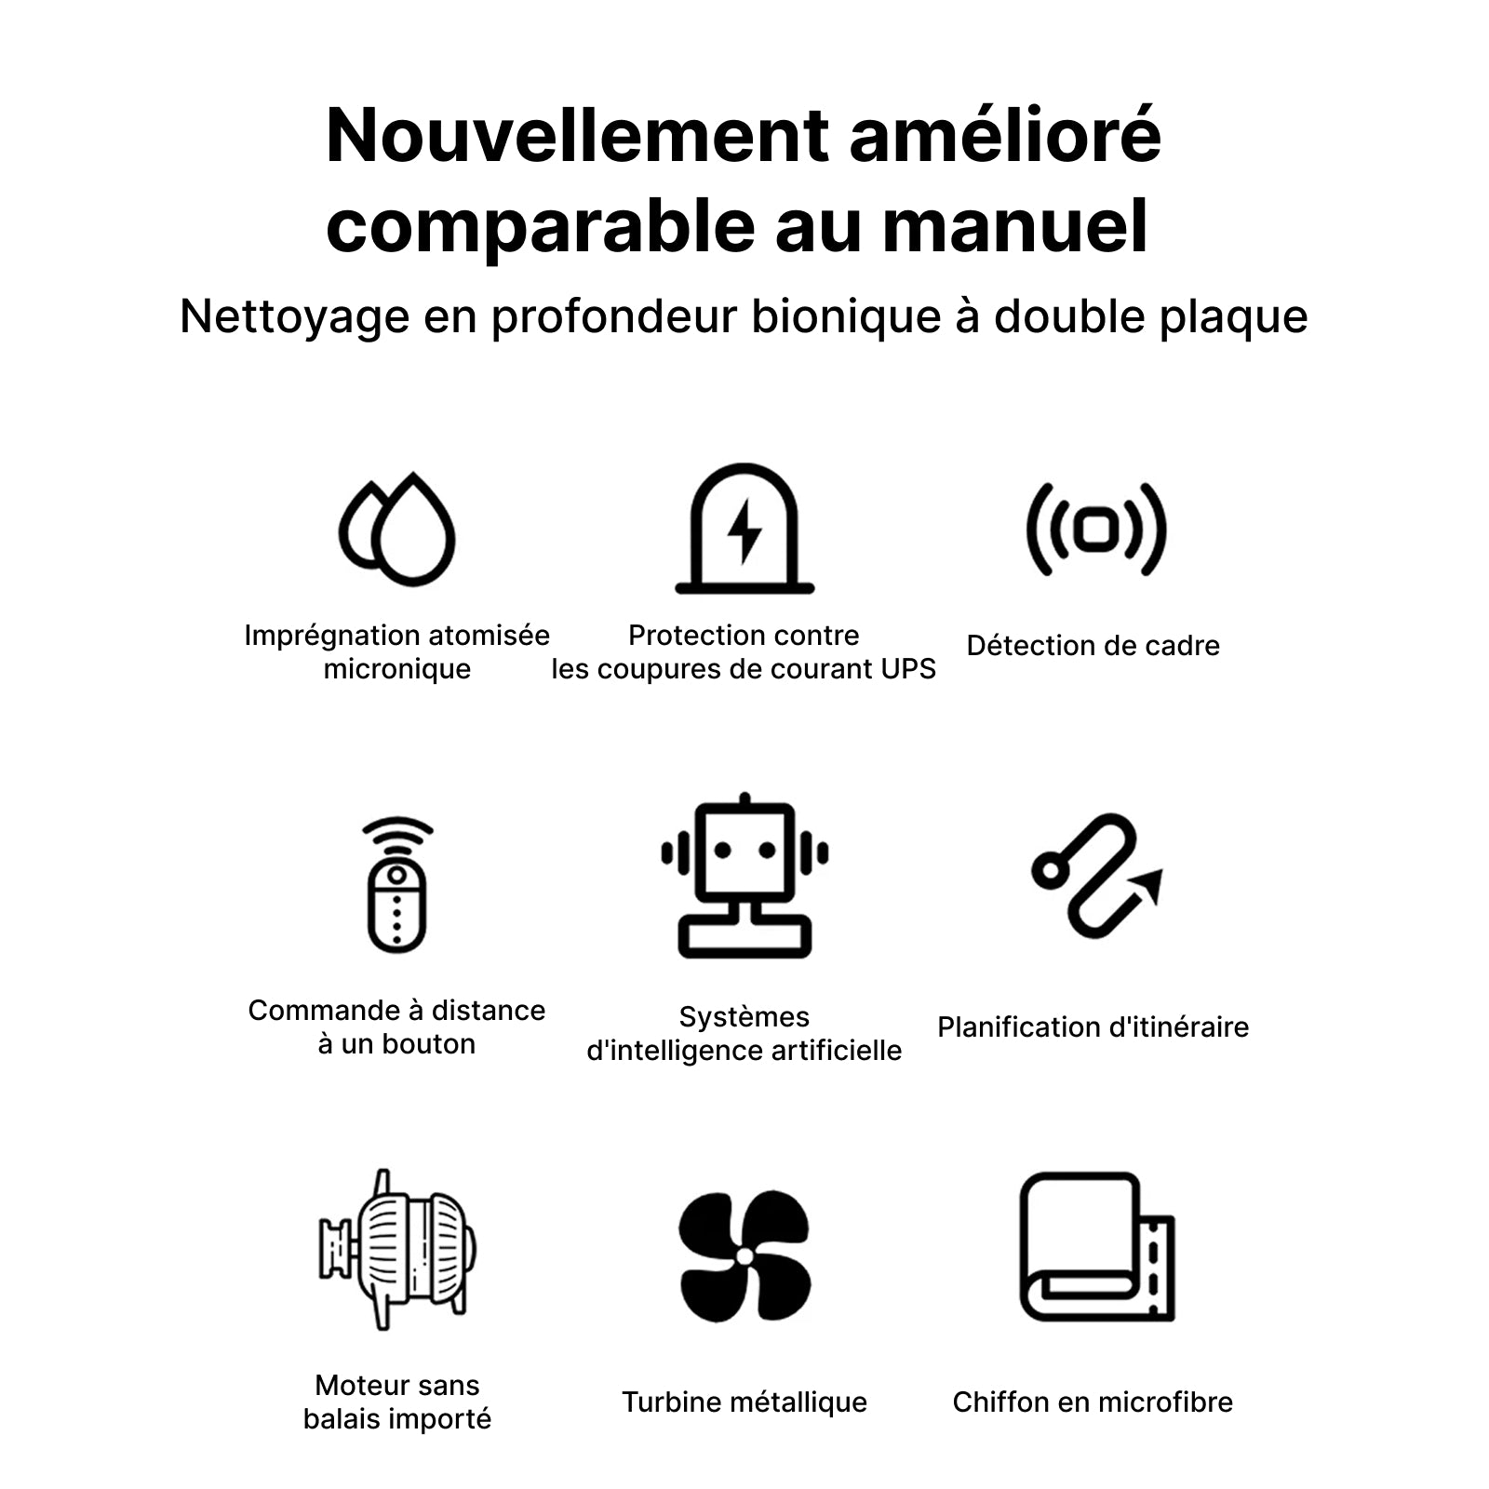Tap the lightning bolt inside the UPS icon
click(x=744, y=531)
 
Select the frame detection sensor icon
click(x=1095, y=530)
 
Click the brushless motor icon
click(x=397, y=1250)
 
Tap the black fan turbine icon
click(x=744, y=1255)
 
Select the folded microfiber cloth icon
click(x=1097, y=1247)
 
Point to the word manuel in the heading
click(x=1015, y=226)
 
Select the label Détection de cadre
click(x=1093, y=646)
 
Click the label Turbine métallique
click(x=744, y=1402)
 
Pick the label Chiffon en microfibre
click(x=1093, y=1402)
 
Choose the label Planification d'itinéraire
click(x=1093, y=1027)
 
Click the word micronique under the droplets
click(x=397, y=670)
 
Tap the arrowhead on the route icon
click(x=1150, y=885)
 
